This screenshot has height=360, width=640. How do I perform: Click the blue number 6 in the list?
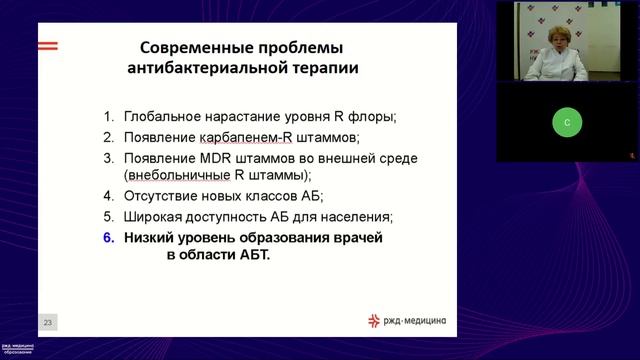pyautogui.click(x=110, y=238)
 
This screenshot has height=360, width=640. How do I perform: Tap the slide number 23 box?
pyautogui.click(x=48, y=322)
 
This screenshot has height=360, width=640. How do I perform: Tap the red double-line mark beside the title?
pyautogui.click(x=48, y=46)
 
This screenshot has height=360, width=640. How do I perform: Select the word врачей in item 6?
pyautogui.click(x=358, y=238)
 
